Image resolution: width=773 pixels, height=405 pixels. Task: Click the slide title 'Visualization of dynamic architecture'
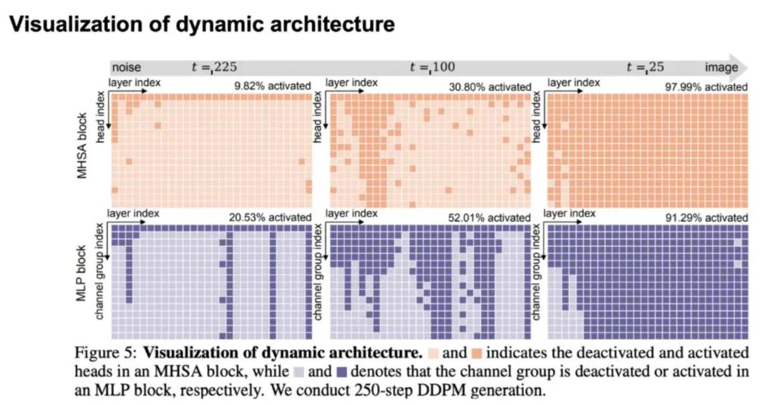click(x=201, y=24)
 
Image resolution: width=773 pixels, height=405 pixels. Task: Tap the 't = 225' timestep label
click(x=213, y=68)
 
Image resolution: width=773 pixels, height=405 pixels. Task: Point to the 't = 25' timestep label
click(x=646, y=68)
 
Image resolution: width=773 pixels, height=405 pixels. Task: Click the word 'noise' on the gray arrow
click(x=127, y=68)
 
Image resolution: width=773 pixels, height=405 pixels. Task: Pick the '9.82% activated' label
click(x=273, y=87)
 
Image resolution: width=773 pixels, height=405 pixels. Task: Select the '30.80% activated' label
click(x=489, y=87)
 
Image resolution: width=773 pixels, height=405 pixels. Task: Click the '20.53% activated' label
click(x=271, y=217)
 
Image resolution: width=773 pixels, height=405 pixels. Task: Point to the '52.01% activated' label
click(x=489, y=217)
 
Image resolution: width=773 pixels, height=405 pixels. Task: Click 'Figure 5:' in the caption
click(x=102, y=353)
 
